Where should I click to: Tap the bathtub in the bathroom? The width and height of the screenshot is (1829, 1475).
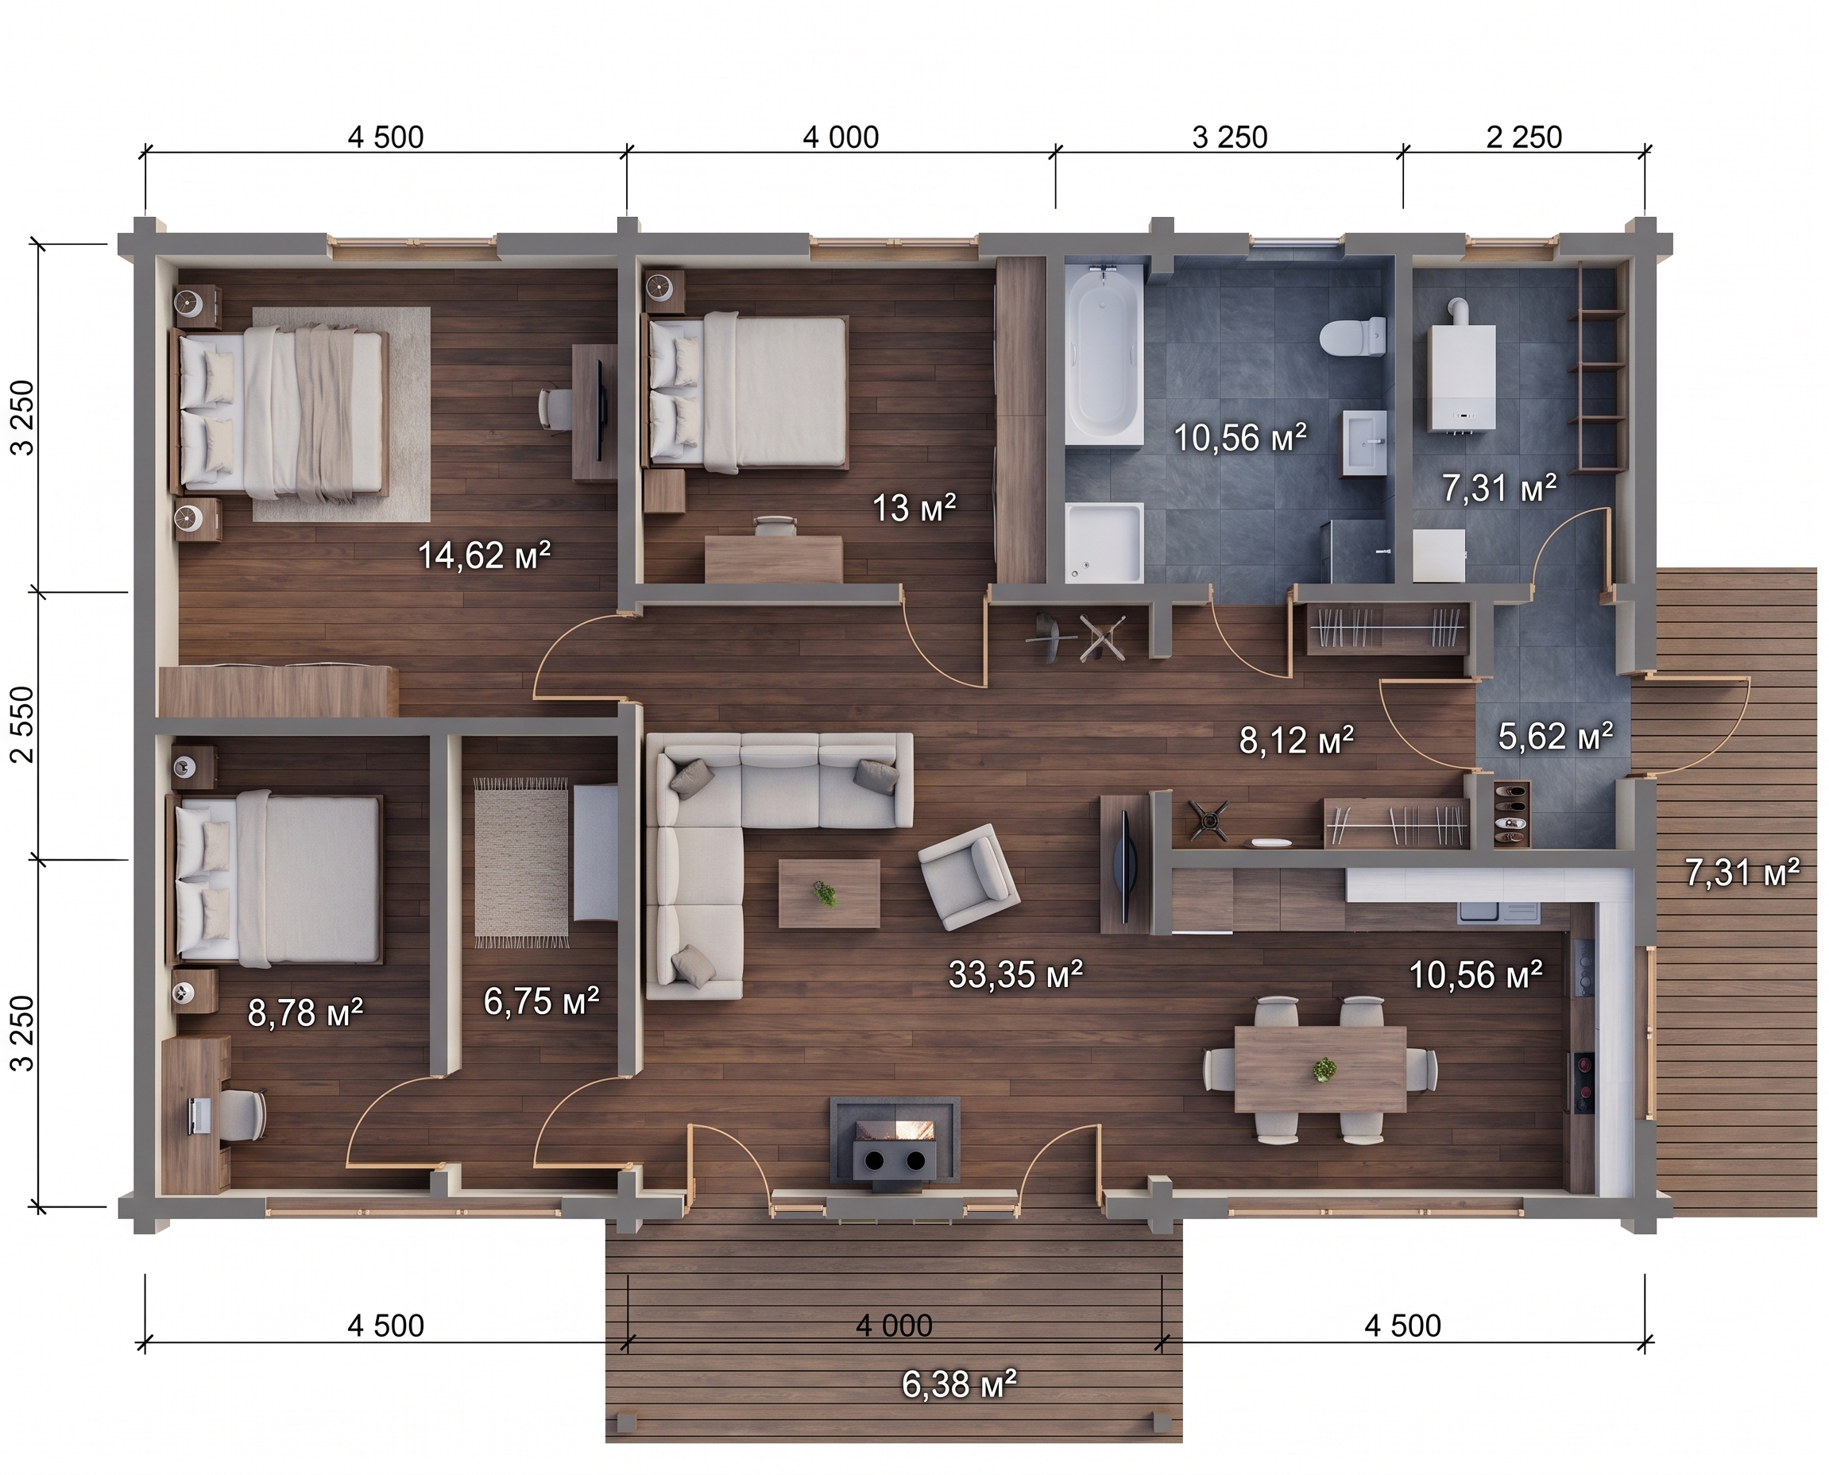pos(1104,354)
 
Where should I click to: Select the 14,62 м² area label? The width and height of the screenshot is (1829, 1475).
pos(484,556)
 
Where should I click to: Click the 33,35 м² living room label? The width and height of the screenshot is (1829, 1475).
pos(1015,974)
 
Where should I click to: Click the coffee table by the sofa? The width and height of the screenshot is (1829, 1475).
pos(829,894)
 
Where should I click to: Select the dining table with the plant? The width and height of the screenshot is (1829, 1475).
pos(1321,1068)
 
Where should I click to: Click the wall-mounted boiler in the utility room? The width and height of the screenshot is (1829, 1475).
pos(1461,374)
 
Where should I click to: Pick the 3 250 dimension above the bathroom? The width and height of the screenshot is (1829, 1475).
pos(1229,137)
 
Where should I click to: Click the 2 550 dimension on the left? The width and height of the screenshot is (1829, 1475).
pos(25,724)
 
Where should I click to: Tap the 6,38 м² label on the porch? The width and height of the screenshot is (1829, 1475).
pos(959,1385)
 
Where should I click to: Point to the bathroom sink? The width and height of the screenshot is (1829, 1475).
pos(1365,442)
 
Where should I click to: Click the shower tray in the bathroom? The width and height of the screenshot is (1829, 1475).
pos(1104,543)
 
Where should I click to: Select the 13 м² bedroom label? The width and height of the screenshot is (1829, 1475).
pos(914,508)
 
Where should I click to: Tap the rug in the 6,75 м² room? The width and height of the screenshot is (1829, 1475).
pos(521,862)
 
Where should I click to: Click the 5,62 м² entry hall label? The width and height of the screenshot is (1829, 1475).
pos(1555,736)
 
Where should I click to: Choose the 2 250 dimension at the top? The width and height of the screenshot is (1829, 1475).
pos(1524,137)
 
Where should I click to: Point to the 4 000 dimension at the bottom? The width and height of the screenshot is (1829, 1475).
pos(894,1326)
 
